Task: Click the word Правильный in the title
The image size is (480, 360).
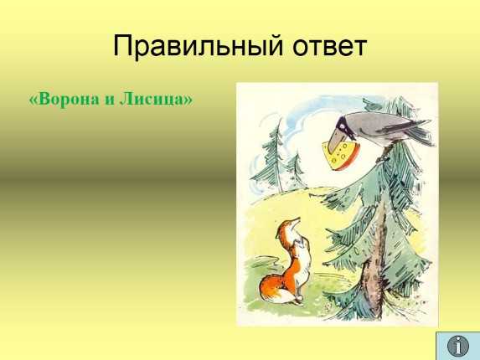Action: pos(198,47)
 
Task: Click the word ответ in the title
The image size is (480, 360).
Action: pos(330,48)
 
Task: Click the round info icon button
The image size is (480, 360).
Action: pos(458,346)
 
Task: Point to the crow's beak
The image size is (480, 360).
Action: pos(334,141)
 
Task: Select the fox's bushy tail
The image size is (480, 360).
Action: pos(273,288)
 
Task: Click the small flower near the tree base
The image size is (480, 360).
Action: pos(328,306)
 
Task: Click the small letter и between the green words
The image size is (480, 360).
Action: pos(110,100)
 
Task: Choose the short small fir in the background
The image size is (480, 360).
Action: pos(297,170)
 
